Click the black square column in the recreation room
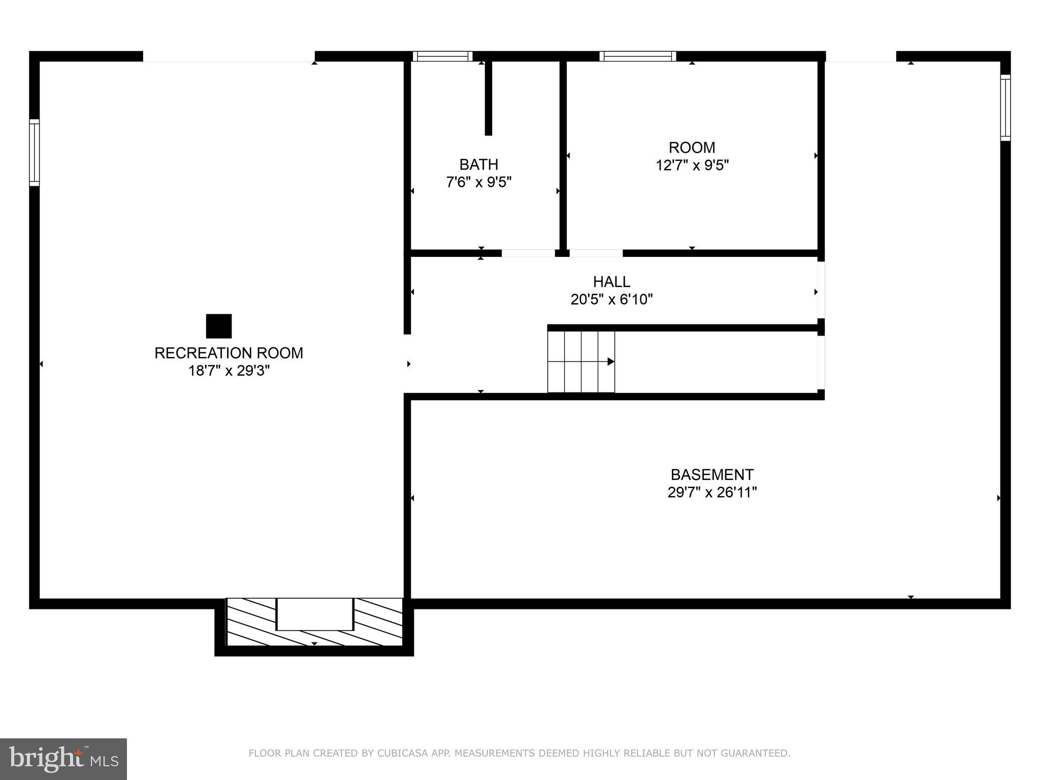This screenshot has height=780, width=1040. [x=219, y=326]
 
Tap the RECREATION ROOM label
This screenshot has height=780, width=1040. [x=229, y=353]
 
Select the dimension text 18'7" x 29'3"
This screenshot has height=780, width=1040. [x=229, y=371]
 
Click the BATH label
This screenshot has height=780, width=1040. [x=478, y=165]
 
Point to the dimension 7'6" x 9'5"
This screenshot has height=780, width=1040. [x=478, y=182]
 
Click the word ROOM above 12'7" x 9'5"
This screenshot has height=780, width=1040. [x=692, y=148]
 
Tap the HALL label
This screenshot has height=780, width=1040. [x=611, y=281]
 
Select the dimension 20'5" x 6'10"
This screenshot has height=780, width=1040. [x=611, y=300]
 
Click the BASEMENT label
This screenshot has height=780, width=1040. [x=712, y=475]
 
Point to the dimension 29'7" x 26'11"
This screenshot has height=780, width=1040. [x=712, y=493]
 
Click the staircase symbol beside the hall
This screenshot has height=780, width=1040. [x=581, y=362]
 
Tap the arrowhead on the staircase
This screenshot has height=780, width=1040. [x=611, y=362]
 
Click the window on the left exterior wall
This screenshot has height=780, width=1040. [x=34, y=152]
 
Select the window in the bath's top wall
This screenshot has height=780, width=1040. [x=442, y=56]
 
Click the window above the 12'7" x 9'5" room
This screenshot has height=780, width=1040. [x=637, y=56]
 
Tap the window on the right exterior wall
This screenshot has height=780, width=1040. [x=1005, y=108]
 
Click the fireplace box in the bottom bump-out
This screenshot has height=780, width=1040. [x=314, y=614]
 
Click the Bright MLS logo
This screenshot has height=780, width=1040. [x=63, y=759]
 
